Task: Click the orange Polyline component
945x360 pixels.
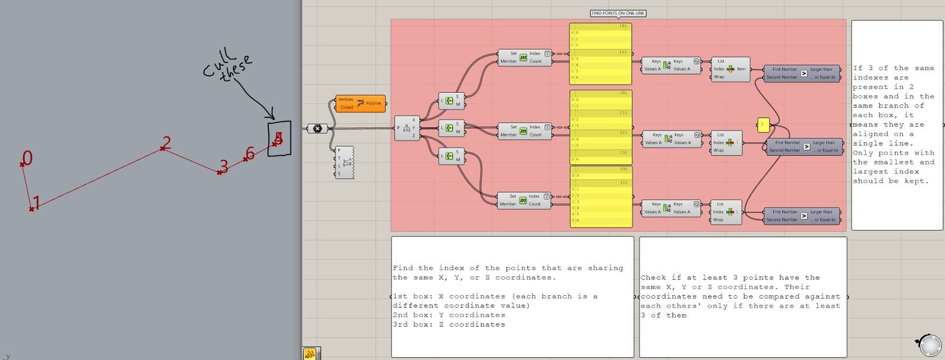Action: point(360,103)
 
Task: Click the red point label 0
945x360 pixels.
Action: point(27,158)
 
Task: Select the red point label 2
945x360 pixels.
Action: point(167,142)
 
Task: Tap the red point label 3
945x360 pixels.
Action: point(223,166)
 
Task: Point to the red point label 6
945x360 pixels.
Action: point(250,153)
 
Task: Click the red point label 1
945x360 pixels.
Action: point(36,203)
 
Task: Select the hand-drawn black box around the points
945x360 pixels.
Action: point(279,139)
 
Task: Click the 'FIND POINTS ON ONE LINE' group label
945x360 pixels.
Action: point(618,13)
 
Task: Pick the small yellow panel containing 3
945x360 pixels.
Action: point(763,124)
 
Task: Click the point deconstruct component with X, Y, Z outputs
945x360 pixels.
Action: point(407,128)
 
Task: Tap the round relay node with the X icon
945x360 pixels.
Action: point(317,128)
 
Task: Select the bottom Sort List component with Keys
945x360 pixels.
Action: point(670,208)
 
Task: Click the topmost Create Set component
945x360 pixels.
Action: point(449,101)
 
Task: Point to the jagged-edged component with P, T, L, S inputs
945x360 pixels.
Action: point(345,162)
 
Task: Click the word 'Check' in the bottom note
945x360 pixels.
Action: point(652,278)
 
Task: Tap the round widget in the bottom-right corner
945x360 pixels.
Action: point(928,345)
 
